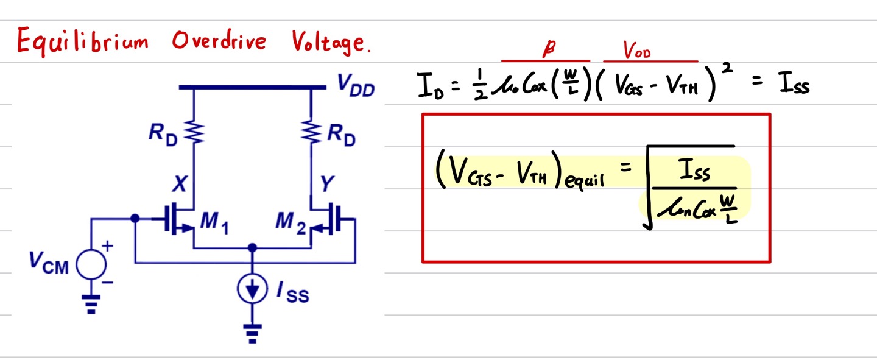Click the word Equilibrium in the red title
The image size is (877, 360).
pos(83,41)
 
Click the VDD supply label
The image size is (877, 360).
pos(356,89)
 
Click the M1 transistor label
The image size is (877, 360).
pos(214,223)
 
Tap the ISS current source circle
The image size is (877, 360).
pos(253,291)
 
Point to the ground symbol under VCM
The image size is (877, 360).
pos(91,304)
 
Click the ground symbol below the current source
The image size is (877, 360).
pos(252,332)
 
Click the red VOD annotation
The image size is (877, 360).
pos(636,52)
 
